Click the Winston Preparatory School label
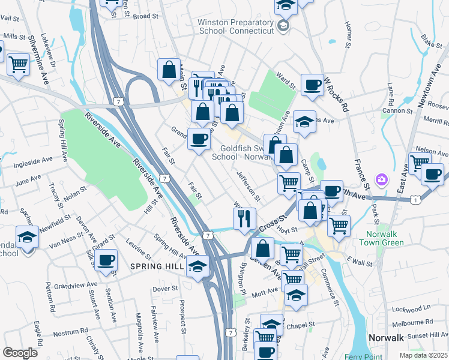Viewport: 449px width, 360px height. pyautogui.click(x=231, y=27)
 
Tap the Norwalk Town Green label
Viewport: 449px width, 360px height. pyautogui.click(x=382, y=238)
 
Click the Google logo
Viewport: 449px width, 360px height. pyautogui.click(x=20, y=353)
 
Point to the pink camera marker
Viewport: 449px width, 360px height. pyautogui.click(x=381, y=179)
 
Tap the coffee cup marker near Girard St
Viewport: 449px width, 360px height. pyautogui.click(x=107, y=262)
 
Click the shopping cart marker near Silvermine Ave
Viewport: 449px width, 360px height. pyautogui.click(x=19, y=64)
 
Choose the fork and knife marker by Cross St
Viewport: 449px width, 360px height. pyautogui.click(x=244, y=218)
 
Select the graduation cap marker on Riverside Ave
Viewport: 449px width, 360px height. pyautogui.click(x=197, y=267)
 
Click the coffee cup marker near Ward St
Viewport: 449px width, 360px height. pyautogui.click(x=312, y=86)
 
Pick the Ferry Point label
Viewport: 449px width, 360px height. pyautogui.click(x=375, y=356)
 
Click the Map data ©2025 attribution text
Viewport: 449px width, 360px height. pyautogui.click(x=424, y=355)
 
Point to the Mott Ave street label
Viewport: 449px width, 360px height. pyautogui.click(x=265, y=292)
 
